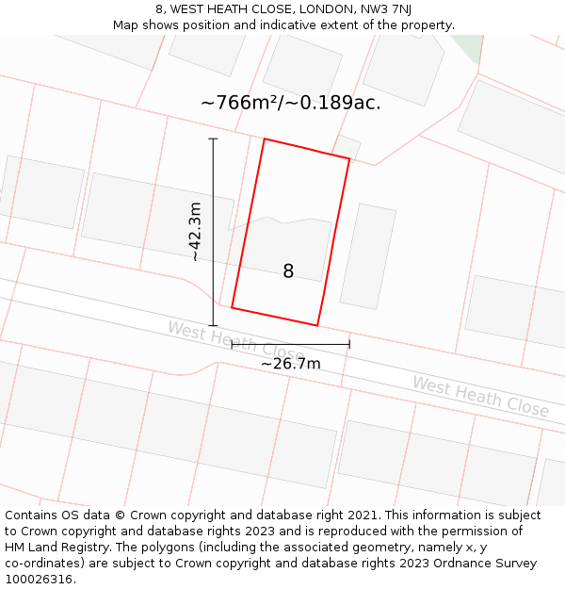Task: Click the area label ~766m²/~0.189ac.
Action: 290,103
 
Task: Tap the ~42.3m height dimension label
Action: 195,232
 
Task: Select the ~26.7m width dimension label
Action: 290,364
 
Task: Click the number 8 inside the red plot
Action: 288,271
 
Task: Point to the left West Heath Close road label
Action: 234,343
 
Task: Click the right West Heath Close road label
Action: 480,396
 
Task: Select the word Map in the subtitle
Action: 126,25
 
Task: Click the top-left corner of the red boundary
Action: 264,139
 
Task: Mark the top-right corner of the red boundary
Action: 349,159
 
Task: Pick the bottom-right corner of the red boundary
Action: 317,326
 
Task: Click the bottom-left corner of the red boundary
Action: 232,307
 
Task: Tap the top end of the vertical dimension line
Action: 213,139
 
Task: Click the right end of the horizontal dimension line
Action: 349,345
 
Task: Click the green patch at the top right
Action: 467,47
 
